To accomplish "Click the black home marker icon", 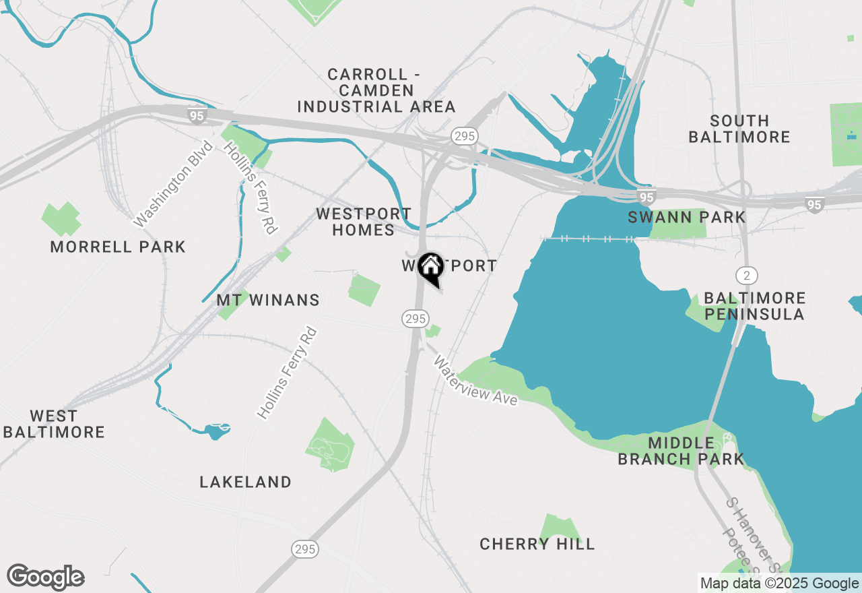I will (430, 268).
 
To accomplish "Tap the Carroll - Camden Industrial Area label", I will (376, 90).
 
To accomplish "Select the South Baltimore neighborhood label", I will (740, 129).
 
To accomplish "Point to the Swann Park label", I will (687, 217).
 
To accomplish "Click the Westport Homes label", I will (364, 222).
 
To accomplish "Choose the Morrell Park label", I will (118, 247).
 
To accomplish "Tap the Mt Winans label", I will (268, 300).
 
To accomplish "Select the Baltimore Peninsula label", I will (754, 306).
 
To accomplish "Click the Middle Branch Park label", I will (681, 451).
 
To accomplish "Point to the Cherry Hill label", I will (537, 544).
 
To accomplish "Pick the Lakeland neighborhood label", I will (246, 482).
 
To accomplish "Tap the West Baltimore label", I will (54, 424).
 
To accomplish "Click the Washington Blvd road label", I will (173, 184).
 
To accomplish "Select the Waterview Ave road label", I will (475, 381).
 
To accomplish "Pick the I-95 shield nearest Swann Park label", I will (646, 197).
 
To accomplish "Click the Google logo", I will (45, 578).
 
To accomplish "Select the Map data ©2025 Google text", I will (778, 584).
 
